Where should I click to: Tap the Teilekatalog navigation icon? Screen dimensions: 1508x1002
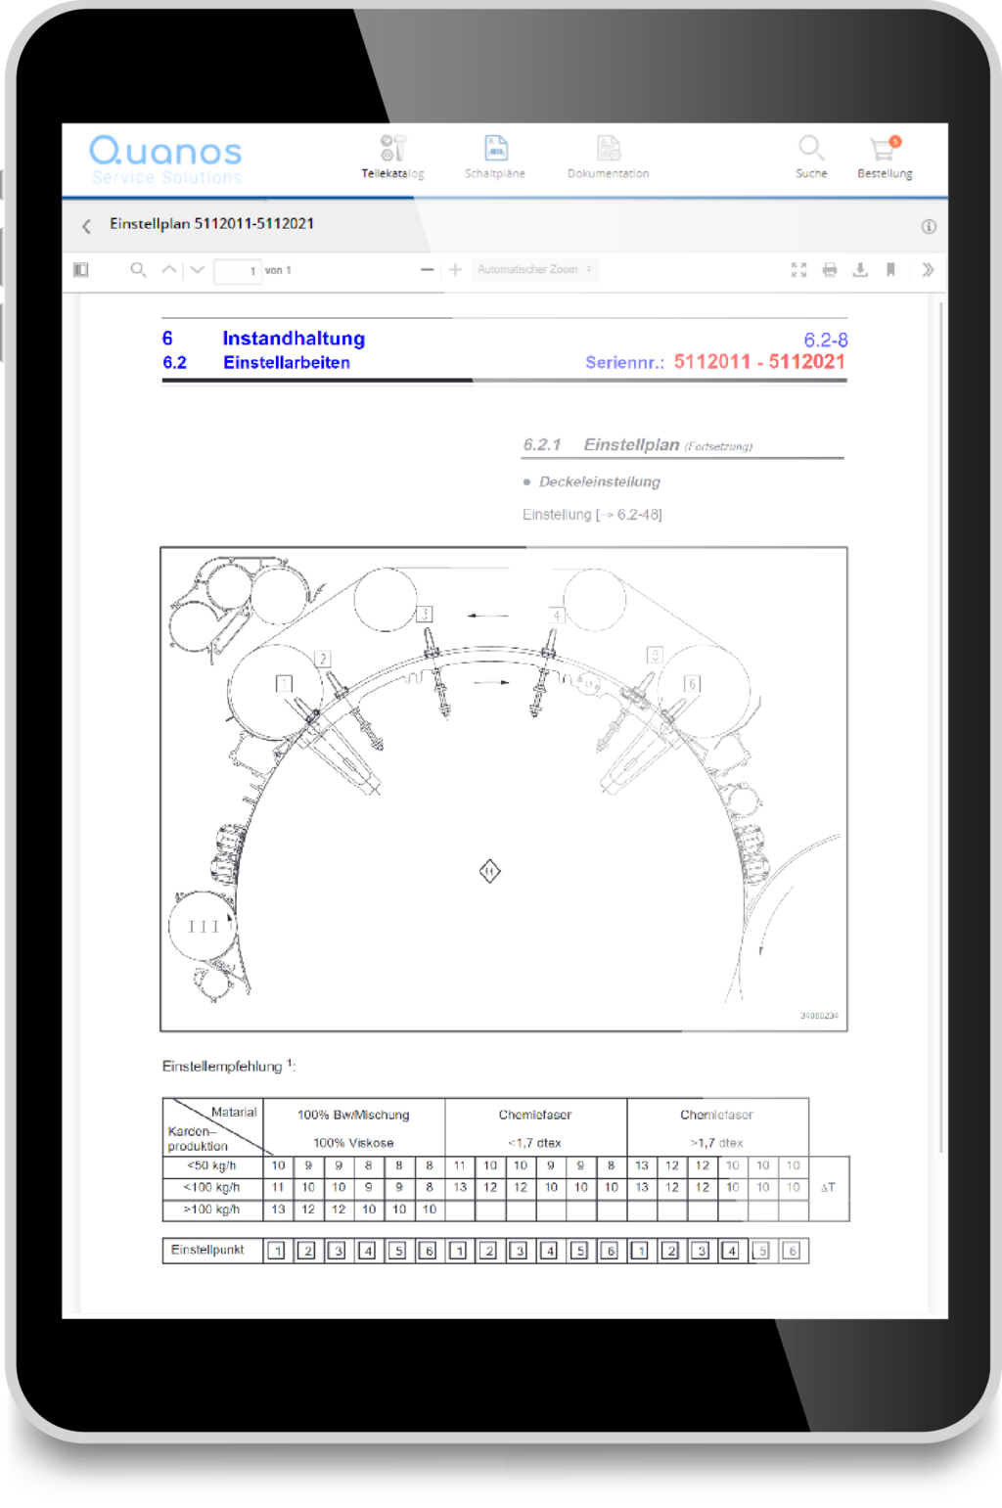(392, 149)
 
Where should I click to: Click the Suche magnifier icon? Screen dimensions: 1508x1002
(810, 148)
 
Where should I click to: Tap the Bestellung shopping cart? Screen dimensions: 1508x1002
(884, 149)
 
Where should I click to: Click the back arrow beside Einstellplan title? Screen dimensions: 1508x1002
(86, 226)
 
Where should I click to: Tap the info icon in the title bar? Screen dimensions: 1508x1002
(929, 226)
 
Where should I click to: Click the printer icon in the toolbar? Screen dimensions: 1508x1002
(830, 270)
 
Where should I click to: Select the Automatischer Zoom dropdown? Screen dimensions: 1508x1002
(535, 270)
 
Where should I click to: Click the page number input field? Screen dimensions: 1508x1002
(238, 271)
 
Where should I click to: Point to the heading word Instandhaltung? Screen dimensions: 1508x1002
(294, 339)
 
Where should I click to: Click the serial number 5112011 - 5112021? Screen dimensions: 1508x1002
(759, 362)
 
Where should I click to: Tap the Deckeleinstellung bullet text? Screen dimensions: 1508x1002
(599, 481)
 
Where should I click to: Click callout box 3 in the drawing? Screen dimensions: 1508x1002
(424, 615)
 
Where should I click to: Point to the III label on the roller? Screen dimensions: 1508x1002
(204, 927)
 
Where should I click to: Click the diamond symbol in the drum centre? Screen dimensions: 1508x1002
(490, 871)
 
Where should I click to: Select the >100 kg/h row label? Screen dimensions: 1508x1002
(211, 1210)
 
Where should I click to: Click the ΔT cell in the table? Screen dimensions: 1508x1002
(828, 1188)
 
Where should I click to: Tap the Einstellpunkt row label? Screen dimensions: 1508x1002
(207, 1251)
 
